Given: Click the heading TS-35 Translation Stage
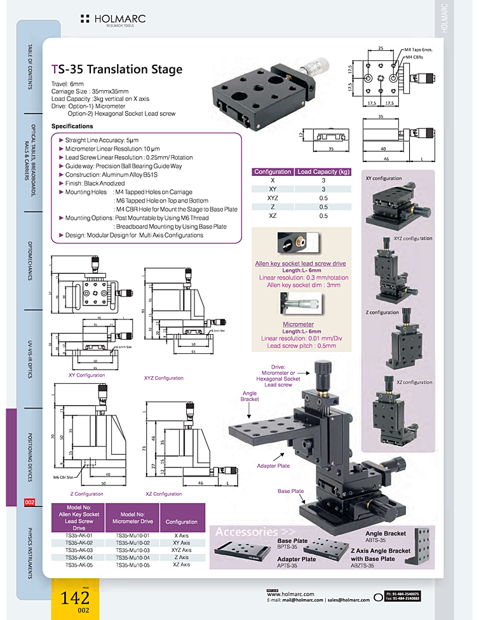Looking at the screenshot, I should point(116,70).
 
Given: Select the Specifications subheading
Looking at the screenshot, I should point(72,126).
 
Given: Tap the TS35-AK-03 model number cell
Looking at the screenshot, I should point(79,550).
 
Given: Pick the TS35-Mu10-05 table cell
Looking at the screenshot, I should point(133,564).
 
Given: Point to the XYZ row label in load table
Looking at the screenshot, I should point(273,198).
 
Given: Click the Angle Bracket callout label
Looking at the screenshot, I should point(250,396).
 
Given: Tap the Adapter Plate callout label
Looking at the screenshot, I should point(273,466).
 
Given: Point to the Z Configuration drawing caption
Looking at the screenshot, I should point(87,494).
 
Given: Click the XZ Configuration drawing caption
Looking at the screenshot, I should point(163,494).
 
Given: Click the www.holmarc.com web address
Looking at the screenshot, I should point(288,594).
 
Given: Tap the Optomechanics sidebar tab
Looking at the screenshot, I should point(29,260).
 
